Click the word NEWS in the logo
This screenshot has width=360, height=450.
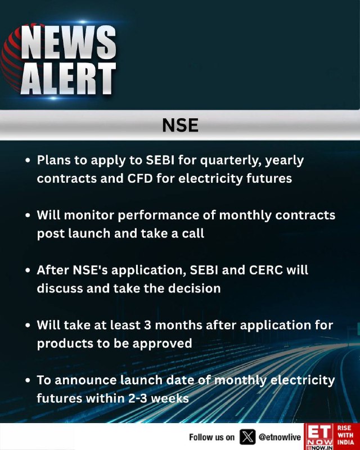click(x=69, y=42)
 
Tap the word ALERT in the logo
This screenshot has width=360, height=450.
click(x=69, y=78)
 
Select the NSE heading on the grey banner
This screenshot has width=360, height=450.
click(x=180, y=125)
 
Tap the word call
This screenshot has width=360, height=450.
click(x=193, y=233)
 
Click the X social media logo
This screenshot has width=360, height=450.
click(x=247, y=437)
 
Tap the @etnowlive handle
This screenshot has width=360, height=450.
click(x=280, y=437)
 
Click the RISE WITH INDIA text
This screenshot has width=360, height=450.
click(x=346, y=435)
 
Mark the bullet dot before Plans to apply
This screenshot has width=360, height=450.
click(x=28, y=160)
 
